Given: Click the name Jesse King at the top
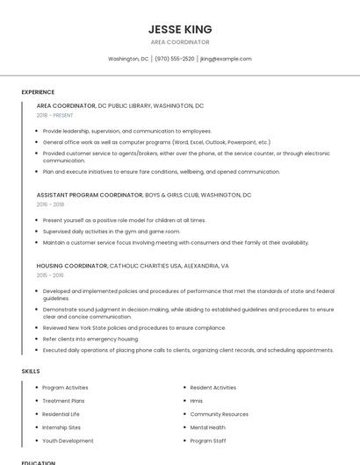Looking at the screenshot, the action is click(180, 29).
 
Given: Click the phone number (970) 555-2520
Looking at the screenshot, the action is click(175, 59).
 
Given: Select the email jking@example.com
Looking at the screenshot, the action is click(226, 59).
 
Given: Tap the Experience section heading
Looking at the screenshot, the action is click(38, 92).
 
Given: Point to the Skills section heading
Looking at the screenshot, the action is click(31, 371).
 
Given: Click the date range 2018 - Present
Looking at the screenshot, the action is click(54, 115).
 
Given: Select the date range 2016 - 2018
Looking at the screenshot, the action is click(50, 204).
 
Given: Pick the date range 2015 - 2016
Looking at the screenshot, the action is click(50, 275).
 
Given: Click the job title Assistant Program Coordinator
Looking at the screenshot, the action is click(89, 195).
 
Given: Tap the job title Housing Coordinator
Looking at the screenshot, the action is click(72, 265).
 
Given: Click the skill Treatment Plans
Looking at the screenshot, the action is click(63, 401).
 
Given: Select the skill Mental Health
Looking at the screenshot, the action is click(207, 427).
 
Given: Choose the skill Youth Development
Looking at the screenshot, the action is click(68, 440).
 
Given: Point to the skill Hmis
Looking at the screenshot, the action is click(196, 401).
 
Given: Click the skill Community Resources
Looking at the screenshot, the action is click(219, 414).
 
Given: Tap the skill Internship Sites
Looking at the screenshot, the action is click(61, 427).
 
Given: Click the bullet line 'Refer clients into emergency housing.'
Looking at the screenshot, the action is click(90, 339).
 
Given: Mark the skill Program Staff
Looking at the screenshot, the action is click(207, 440).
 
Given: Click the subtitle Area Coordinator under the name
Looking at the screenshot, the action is click(180, 42).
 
